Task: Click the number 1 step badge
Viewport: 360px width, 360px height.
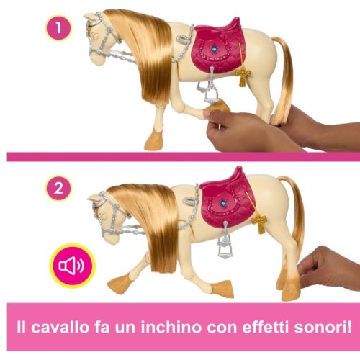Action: (x=58, y=27)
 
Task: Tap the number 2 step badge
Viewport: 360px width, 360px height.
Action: (x=58, y=188)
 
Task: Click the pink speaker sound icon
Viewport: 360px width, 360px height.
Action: (x=72, y=266)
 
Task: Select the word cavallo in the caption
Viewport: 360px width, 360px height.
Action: (x=60, y=327)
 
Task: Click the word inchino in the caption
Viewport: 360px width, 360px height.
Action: (x=171, y=327)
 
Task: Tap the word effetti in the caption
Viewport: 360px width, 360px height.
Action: (x=266, y=327)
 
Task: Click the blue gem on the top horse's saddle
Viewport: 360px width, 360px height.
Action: (x=212, y=49)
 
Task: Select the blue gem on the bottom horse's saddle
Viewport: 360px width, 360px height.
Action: (x=223, y=204)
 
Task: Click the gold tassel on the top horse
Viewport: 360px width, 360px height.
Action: (x=243, y=76)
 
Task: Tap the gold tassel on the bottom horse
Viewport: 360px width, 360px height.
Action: (x=259, y=224)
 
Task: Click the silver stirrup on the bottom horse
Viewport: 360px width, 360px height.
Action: (x=225, y=247)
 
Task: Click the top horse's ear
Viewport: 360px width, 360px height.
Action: (x=89, y=17)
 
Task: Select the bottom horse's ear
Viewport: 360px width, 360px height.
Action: (x=94, y=198)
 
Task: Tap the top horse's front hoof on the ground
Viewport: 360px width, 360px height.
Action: (x=154, y=140)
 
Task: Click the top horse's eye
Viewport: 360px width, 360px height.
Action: (x=95, y=36)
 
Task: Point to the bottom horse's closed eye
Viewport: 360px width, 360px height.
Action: (x=104, y=216)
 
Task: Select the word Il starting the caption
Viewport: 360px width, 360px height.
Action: (x=21, y=327)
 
